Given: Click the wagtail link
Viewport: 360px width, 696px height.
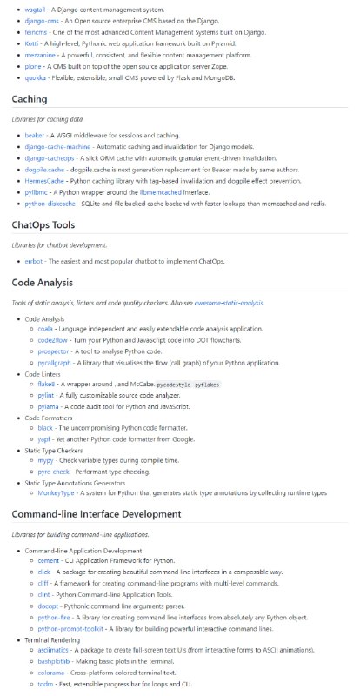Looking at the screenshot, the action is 36,8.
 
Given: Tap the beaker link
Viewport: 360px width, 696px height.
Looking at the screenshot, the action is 36,136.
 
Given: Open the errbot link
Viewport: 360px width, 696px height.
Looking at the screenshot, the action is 36,261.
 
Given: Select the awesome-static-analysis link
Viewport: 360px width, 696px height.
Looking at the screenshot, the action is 230,303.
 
